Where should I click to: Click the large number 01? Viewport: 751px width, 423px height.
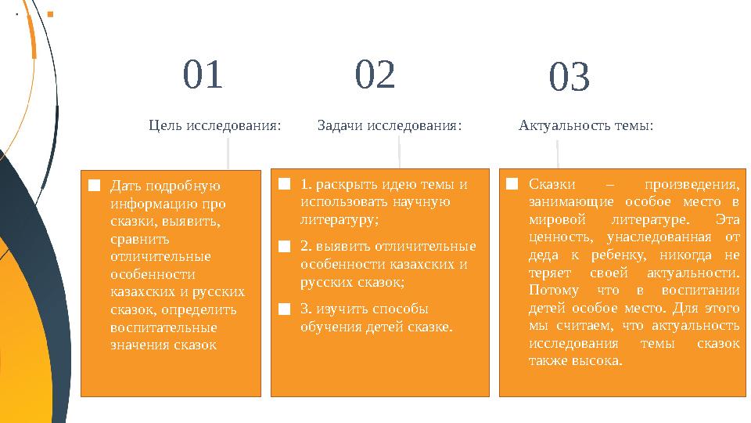(x=203, y=75)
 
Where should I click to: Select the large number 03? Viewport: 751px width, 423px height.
(x=569, y=79)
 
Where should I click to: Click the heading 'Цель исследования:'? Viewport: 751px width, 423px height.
(x=215, y=125)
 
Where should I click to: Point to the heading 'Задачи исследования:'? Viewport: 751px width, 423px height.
(x=390, y=125)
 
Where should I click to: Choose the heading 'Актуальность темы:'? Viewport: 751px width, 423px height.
(x=586, y=125)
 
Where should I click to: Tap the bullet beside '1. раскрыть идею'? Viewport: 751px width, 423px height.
(x=285, y=185)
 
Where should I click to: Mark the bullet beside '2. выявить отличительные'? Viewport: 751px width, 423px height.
(x=285, y=247)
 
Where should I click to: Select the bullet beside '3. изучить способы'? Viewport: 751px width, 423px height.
(x=285, y=309)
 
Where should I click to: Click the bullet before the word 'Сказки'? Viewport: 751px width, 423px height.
(x=512, y=185)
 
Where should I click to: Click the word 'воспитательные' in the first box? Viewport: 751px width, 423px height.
(x=163, y=327)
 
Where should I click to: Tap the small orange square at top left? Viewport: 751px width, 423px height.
(x=51, y=14)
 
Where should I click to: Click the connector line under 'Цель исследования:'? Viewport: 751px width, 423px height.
(x=228, y=154)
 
